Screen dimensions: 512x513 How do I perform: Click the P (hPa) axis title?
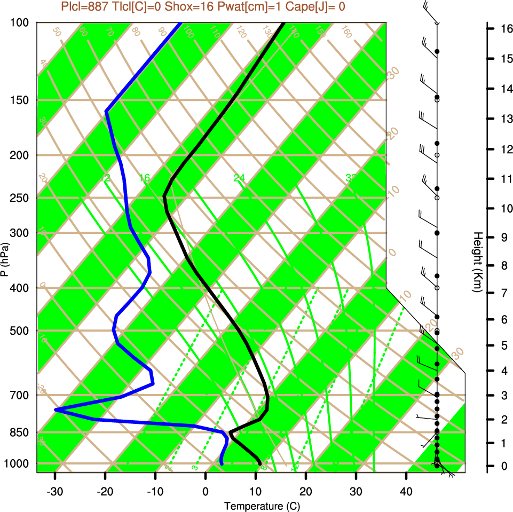tap(5, 259)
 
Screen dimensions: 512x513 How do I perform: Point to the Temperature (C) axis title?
tap(258, 506)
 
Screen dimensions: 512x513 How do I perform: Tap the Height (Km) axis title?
tap(478, 262)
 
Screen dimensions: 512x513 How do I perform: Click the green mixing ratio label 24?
tap(239, 177)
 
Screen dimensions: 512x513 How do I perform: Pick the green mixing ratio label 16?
tap(145, 177)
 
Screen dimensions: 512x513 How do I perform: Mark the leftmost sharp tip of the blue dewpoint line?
tap(56, 409)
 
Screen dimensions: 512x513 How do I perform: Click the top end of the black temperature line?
tap(283, 23)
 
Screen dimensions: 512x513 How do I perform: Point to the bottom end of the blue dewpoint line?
tap(222, 463)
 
